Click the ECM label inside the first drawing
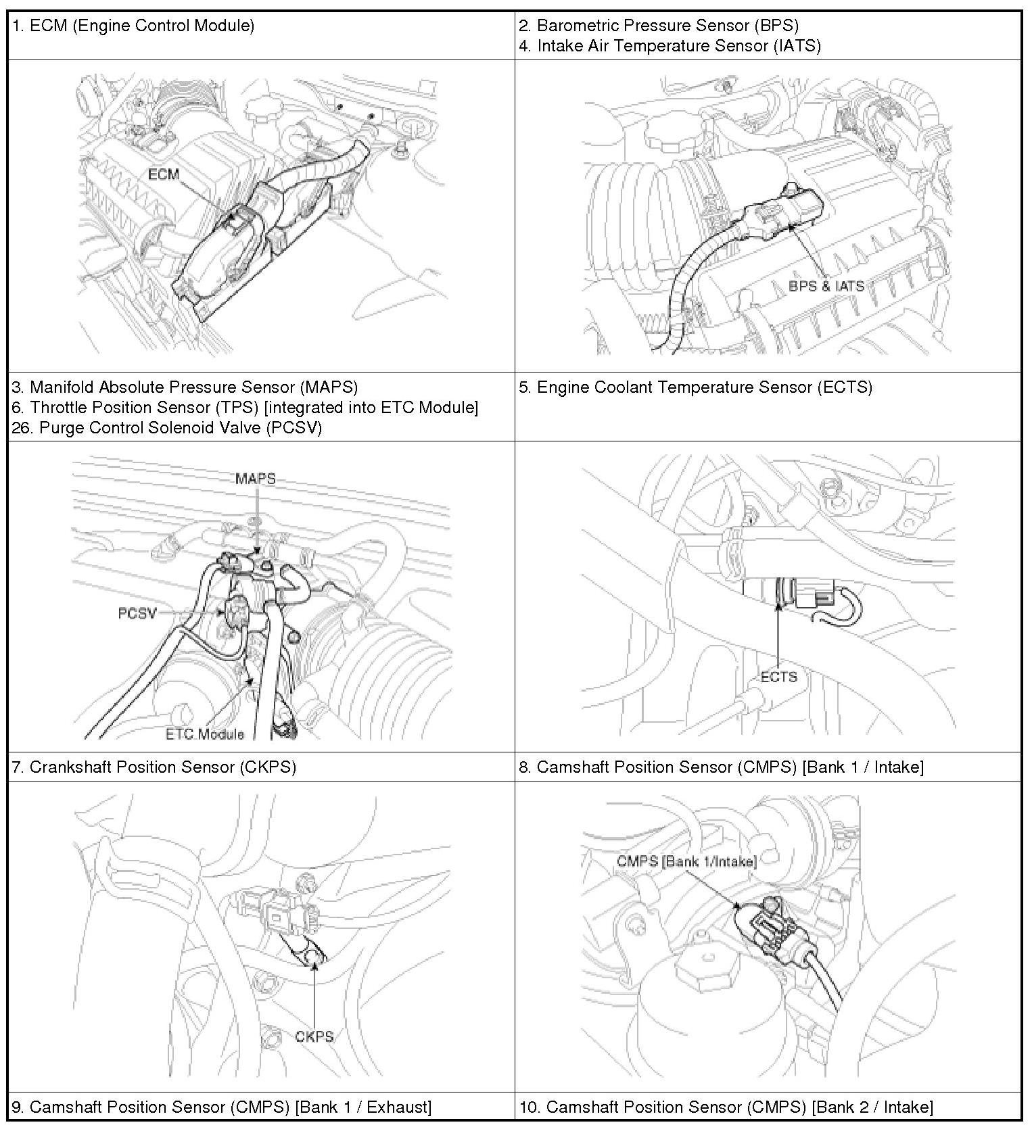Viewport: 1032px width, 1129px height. pyautogui.click(x=164, y=174)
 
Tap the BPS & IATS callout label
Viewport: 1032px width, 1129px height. pyautogui.click(x=826, y=286)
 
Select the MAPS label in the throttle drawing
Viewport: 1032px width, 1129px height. pyautogui.click(x=255, y=479)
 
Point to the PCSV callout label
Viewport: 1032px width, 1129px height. pyautogui.click(x=137, y=613)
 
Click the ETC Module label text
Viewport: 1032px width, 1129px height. pyautogui.click(x=205, y=734)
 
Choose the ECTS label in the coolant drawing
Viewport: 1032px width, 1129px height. pyautogui.click(x=779, y=677)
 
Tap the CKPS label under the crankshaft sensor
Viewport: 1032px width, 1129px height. pyautogui.click(x=314, y=1036)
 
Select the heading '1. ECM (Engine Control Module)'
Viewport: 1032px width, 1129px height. pyautogui.click(x=133, y=26)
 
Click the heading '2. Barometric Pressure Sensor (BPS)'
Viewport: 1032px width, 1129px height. pyautogui.click(x=659, y=26)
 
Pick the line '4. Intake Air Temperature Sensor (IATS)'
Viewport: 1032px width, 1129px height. pyautogui.click(x=670, y=46)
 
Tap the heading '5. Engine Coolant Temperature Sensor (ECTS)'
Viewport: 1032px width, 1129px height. pyautogui.click(x=696, y=387)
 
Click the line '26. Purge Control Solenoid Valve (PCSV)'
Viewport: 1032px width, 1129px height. pyautogui.click(x=167, y=428)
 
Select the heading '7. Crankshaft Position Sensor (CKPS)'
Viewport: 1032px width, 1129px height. pyautogui.click(x=154, y=767)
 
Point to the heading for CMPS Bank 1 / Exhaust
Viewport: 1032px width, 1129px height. pyautogui.click(x=222, y=1107)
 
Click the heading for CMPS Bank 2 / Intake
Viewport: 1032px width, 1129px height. pyautogui.click(x=726, y=1107)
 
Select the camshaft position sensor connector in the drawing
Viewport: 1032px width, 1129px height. pyautogui.click(x=766, y=928)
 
